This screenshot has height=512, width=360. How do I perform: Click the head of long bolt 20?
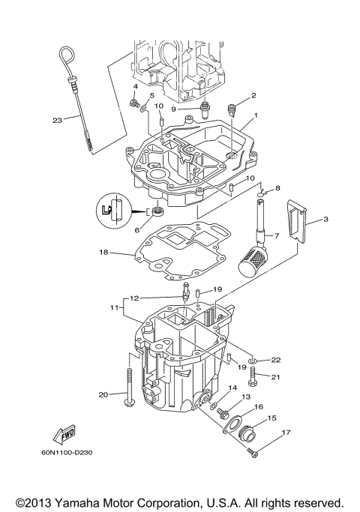point(130,406)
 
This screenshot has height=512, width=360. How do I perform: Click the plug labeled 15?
point(246,433)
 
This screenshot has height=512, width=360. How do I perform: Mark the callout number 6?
point(137,231)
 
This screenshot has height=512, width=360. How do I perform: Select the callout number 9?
point(173,109)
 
